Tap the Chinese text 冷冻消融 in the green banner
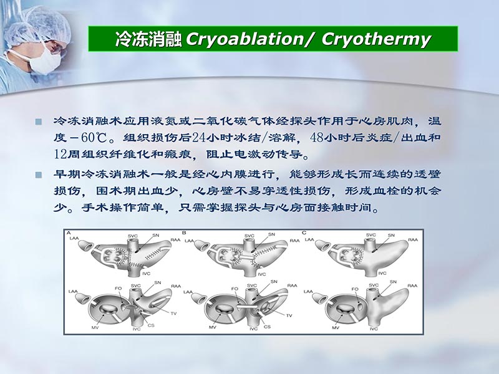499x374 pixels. click(148, 39)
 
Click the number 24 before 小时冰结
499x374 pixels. click(201, 137)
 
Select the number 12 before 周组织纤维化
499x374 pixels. click(62, 153)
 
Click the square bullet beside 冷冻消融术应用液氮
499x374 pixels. click(39, 121)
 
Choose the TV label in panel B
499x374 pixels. click(289, 315)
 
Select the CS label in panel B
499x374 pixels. click(268, 326)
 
